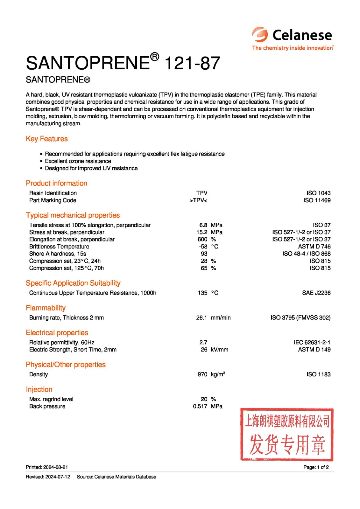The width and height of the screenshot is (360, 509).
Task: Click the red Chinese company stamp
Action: click(286, 435)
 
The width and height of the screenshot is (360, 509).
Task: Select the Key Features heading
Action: click(47, 139)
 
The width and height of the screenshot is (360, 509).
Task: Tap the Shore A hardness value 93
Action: click(204, 254)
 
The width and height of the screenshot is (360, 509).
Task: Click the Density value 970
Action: click(202, 374)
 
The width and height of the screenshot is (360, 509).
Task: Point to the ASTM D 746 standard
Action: click(314, 247)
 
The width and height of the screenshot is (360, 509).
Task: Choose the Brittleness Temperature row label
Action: click(59, 247)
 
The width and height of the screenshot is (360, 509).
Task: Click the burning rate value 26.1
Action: click(201, 317)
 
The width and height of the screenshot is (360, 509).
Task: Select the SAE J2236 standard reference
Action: click(316, 293)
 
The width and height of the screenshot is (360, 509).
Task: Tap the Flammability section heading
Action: click(46, 308)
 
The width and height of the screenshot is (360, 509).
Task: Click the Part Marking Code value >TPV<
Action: click(198, 200)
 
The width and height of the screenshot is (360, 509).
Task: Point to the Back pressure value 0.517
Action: click(200, 406)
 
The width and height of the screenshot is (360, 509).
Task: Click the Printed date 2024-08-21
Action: click(55, 467)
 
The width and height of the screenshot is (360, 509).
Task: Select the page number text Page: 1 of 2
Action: click(316, 467)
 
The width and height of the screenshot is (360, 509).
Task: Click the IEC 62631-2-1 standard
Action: click(312, 342)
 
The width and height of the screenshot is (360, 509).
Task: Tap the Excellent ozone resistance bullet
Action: click(78, 161)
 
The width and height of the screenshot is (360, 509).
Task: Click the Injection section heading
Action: click(39, 389)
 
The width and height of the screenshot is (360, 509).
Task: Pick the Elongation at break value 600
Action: click(202, 239)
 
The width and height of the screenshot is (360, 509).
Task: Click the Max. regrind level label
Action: click(51, 399)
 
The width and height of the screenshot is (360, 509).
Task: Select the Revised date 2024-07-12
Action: click(58, 477)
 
